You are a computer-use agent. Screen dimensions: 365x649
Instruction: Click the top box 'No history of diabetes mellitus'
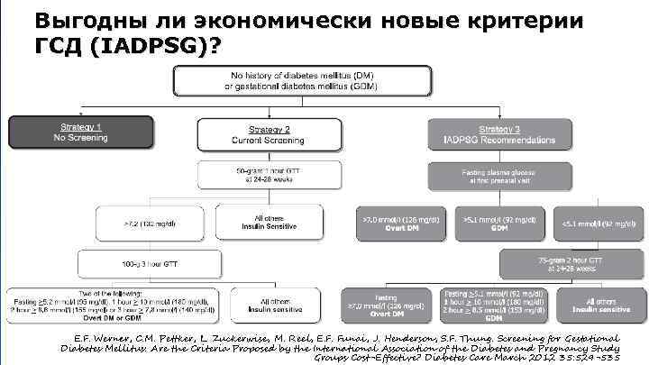coord(292,78)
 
